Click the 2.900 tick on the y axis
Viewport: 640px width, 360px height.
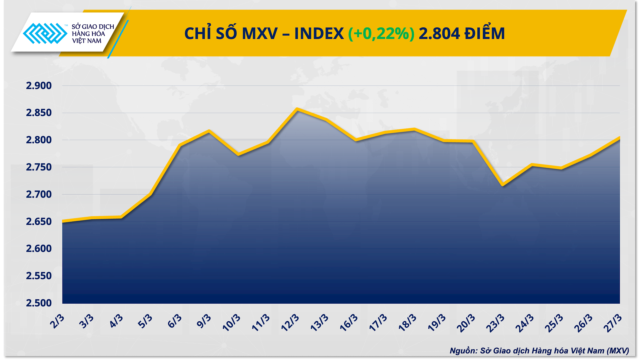pyautogui.click(x=39, y=86)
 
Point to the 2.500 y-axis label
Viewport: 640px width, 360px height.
pyautogui.click(x=39, y=303)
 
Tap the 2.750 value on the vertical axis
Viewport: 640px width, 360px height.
pyautogui.click(x=39, y=167)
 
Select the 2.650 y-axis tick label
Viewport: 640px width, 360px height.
pyautogui.click(x=39, y=222)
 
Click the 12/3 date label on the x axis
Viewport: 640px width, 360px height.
pyautogui.click(x=290, y=322)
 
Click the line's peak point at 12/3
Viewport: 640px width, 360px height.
pyautogui.click(x=297, y=109)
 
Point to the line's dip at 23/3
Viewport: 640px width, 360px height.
pyautogui.click(x=503, y=185)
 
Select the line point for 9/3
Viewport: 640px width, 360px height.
pyautogui.click(x=209, y=131)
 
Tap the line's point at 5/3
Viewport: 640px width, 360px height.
pyautogui.click(x=151, y=194)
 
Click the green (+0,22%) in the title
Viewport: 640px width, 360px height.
pyautogui.click(x=381, y=33)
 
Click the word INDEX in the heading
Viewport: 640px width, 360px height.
pyautogui.click(x=319, y=33)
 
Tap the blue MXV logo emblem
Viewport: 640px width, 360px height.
pyautogui.click(x=45, y=33)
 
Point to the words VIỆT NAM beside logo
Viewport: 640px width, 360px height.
pyautogui.click(x=87, y=41)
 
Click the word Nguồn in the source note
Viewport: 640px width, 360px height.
pyautogui.click(x=463, y=351)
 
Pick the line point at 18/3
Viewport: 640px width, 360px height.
pyautogui.click(x=414, y=129)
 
